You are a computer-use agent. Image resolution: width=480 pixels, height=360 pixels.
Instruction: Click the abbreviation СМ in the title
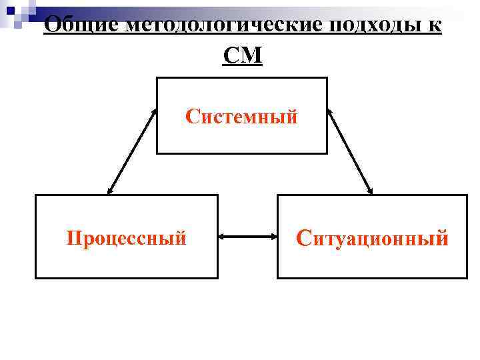[x=243, y=56]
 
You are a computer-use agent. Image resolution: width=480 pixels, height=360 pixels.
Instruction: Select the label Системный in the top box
[x=242, y=117]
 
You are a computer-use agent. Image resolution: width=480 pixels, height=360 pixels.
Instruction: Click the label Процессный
[x=126, y=237]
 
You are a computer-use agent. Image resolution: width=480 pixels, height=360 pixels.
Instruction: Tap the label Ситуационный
[x=372, y=237]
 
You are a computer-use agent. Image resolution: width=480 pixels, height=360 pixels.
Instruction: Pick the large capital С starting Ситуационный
[x=303, y=237]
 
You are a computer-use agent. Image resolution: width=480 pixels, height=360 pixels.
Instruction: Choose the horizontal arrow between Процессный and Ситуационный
[x=247, y=236]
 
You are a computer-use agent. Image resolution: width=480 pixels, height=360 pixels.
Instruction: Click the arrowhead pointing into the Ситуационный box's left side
[x=273, y=236]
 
